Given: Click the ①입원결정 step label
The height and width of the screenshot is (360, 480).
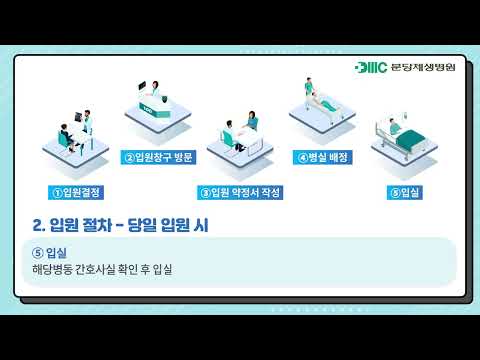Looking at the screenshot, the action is point(76,192).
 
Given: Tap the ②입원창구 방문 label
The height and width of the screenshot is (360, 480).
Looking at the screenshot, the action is point(158,157).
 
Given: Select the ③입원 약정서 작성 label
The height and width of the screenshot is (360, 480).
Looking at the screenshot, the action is point(240,192).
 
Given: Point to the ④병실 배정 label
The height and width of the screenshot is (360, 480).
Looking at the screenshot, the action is point(322,157).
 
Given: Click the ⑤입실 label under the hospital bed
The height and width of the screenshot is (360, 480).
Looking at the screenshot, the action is point(405,192).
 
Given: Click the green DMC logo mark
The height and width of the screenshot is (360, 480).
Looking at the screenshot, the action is point(371,67).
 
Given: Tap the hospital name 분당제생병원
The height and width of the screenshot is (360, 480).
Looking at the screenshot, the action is point(423,67).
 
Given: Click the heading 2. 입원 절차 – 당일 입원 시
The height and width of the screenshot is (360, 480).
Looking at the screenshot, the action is point(121,225).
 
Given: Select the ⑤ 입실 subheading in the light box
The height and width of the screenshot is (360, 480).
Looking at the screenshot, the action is point(49,253).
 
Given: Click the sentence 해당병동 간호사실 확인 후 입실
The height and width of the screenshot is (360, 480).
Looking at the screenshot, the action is point(102,269).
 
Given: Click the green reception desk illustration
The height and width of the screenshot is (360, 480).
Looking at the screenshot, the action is point(155,105).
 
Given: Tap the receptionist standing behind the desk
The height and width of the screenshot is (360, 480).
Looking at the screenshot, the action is point(155,89).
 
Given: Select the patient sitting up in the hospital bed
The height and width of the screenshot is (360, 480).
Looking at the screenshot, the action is point(394,127).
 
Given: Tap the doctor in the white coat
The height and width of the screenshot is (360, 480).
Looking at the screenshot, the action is point(87,122).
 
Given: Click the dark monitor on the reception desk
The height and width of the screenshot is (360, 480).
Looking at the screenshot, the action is point(142,85).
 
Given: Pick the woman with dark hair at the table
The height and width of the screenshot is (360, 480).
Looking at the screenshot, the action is point(252,120).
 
